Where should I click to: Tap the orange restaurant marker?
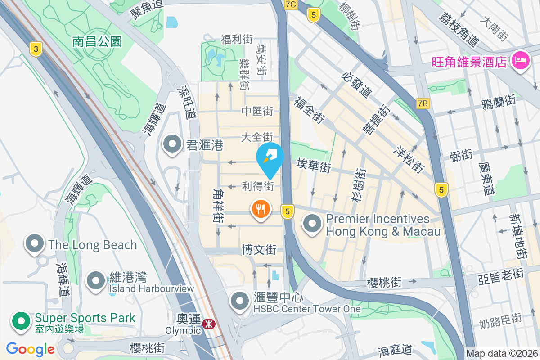tap(261, 209)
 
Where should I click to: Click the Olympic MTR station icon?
tap(208, 324)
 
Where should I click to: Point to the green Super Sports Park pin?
tap(21, 321)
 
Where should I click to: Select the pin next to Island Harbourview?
tap(95, 280)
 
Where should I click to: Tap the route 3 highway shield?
tap(36, 49)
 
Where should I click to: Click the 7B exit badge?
tap(423, 103)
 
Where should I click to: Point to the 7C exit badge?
tap(291, 4)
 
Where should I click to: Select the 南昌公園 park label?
tap(97, 42)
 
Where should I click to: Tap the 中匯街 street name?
tap(257, 111)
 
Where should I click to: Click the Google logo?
tap(30, 349)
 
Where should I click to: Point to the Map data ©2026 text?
tap(501, 354)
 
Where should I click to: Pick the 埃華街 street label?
tap(314, 166)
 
